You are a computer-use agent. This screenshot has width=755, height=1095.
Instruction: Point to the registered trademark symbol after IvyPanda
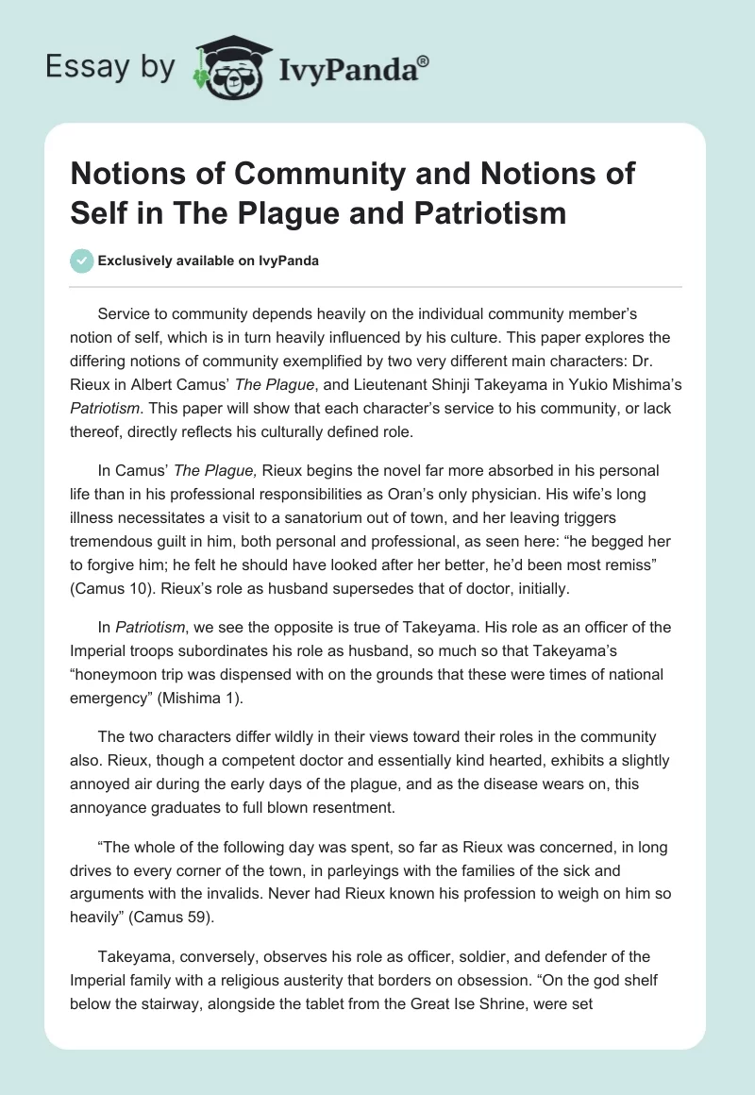[x=424, y=60]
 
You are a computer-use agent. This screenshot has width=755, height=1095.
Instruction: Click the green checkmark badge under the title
[x=82, y=261]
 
